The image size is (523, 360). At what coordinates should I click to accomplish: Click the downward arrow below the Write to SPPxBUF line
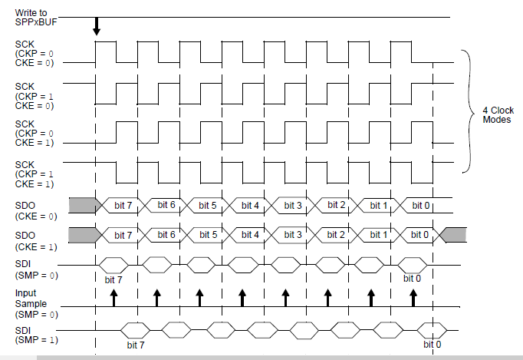(x=96, y=26)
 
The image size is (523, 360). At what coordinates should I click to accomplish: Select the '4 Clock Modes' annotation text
(x=492, y=115)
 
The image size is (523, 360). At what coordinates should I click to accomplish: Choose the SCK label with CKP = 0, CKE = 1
(x=34, y=133)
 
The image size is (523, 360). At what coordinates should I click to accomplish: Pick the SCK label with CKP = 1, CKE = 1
(x=34, y=173)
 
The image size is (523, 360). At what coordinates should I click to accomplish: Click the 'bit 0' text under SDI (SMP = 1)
(x=433, y=344)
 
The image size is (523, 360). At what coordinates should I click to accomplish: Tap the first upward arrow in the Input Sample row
(x=113, y=298)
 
